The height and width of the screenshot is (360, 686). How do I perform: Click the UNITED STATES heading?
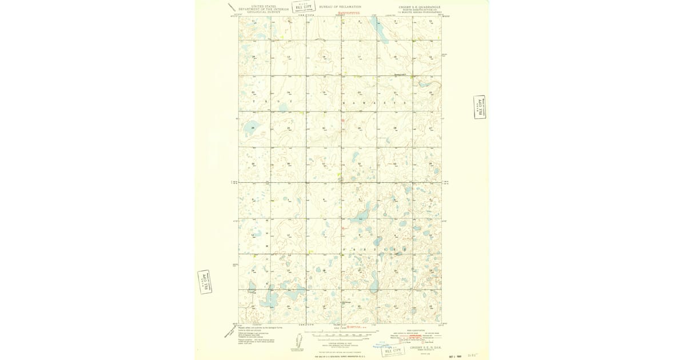[260, 6]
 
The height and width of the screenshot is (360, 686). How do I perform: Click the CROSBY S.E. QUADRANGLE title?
[418, 7]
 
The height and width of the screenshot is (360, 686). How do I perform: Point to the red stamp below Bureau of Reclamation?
[349, 12]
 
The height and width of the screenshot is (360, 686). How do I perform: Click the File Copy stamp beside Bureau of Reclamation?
[304, 7]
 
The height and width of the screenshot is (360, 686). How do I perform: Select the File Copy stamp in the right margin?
[480, 107]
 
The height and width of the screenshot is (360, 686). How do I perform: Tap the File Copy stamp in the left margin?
[204, 282]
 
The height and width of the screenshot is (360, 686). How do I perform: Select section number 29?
[359, 128]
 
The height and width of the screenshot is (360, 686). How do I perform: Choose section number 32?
[359, 164]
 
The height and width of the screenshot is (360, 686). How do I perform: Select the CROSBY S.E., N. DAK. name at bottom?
[424, 347]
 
